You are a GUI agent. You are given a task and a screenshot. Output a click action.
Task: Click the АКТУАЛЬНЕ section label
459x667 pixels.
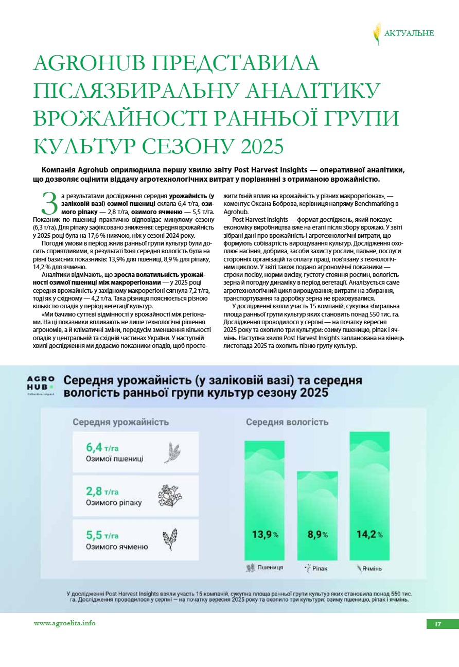pos(409,33)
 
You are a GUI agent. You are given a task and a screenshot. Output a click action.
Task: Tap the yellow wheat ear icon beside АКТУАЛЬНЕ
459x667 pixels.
pos(377,33)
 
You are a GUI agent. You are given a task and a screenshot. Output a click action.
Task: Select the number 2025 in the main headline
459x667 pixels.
pos(259,146)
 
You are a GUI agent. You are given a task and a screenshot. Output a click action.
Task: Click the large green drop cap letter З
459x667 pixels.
pos(49,203)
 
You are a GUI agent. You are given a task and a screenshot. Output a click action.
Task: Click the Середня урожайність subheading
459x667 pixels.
pos(120,422)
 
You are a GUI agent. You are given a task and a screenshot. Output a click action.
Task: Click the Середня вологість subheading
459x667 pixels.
pos(287,422)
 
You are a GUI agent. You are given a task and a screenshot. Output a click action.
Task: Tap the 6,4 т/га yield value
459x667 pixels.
pos(102,447)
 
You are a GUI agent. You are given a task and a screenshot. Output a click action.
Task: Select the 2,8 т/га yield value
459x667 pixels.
pos(102,491)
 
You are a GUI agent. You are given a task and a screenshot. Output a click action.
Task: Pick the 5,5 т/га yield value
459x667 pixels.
pos(102,535)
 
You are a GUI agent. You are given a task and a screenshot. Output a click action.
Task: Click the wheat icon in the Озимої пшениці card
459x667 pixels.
pos(172,452)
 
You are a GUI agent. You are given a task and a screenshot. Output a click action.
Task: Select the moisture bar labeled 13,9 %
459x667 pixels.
pos(264,500)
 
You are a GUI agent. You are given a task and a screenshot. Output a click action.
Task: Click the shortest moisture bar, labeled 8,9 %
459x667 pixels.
pos(317,515)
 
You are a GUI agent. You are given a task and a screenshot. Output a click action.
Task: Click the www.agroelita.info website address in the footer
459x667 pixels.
pos(64,623)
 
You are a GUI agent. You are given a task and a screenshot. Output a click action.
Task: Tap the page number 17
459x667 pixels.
pos(437,624)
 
